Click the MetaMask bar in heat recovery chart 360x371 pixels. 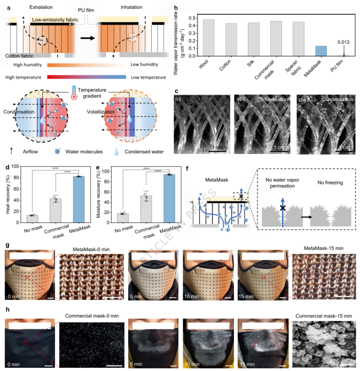pyautogui.click(x=79, y=196)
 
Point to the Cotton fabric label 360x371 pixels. pyautogui.click(x=22, y=55)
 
